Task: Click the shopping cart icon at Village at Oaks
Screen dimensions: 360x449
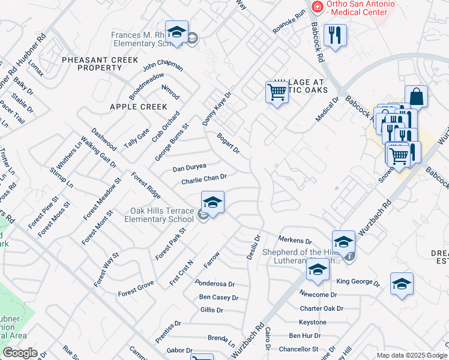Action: pos(276,92)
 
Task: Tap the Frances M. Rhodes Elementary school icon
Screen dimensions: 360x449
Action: pos(176,33)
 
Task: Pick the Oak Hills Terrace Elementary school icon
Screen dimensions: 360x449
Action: pos(212,202)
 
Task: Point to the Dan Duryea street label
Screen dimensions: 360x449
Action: pos(189,167)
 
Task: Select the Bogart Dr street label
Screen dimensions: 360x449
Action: pos(228,143)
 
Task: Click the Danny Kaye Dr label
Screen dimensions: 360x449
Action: pos(217,109)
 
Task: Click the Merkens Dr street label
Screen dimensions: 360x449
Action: pos(295,240)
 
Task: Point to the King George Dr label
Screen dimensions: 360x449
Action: pos(358,281)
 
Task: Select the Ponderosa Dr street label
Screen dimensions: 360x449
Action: pos(214,283)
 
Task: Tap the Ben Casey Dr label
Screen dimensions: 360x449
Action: pos(218,297)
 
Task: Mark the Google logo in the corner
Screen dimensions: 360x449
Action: pos(20,352)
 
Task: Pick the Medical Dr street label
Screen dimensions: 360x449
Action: pos(328,109)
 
